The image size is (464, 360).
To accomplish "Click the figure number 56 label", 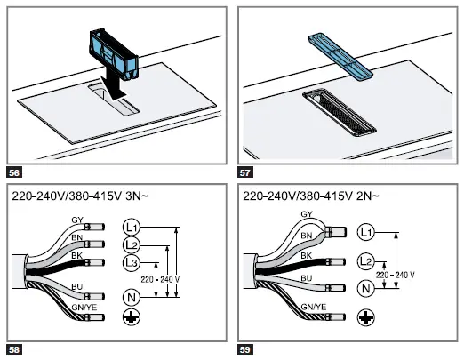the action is coord(14,172).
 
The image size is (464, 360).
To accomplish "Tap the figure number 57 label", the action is coord(245,172).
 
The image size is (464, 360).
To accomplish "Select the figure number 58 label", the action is coord(14,349).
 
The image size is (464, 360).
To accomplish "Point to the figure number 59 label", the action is coord(245,349).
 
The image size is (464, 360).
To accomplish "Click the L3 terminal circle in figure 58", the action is coord(131,262).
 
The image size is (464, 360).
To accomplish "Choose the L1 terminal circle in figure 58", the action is coord(131,228).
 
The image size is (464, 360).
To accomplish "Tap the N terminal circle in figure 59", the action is coord(366,288).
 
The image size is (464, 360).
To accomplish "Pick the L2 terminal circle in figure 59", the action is coord(366,261).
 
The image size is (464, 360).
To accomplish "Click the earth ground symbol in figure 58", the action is coord(132,317).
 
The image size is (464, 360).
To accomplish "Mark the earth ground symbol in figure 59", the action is coord(366,317).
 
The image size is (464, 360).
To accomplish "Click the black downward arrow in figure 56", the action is coord(113,86).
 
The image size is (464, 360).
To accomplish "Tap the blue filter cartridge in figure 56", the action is coord(114,54).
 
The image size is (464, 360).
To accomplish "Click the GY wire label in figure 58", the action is coord(77,220).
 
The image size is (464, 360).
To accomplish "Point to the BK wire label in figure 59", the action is coord(307,255).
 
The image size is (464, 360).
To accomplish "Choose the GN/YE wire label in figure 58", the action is coord(84,308).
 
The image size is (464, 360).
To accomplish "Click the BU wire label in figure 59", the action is coord(307,278).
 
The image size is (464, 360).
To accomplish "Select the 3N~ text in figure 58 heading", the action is coord(137,196).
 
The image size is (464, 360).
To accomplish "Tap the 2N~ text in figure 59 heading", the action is coord(367,196).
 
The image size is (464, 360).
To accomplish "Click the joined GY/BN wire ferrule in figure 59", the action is coord(336,232).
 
